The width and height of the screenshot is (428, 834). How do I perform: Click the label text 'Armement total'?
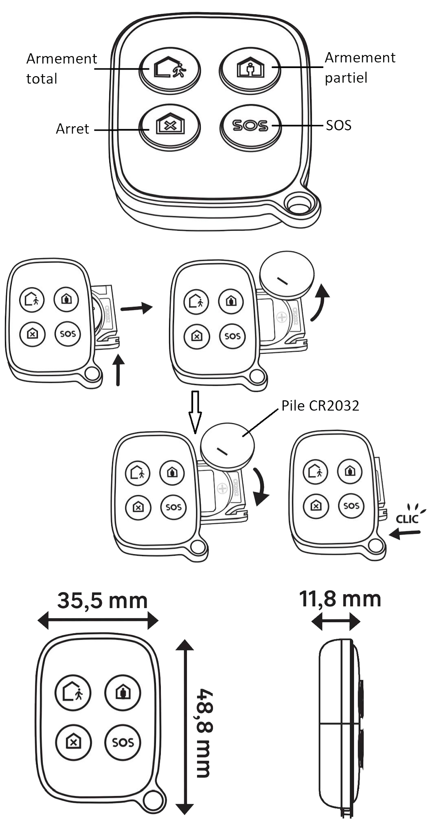pos(61,68)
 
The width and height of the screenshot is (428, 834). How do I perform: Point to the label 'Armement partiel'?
pos(360,68)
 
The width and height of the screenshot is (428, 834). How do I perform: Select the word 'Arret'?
pos(72,129)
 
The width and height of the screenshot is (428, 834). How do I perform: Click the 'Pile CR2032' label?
pos(320,406)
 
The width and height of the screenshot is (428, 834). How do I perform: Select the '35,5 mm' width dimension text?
pos(102,601)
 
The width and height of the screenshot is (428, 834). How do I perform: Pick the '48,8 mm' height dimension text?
pos(204,733)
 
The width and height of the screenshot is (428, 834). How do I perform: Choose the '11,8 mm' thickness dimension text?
pos(340,599)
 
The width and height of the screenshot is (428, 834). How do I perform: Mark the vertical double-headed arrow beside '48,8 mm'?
pos(185,727)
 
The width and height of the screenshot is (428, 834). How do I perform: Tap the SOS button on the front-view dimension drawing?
pos(123,742)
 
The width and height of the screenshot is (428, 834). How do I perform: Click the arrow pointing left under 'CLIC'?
pos(405,533)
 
